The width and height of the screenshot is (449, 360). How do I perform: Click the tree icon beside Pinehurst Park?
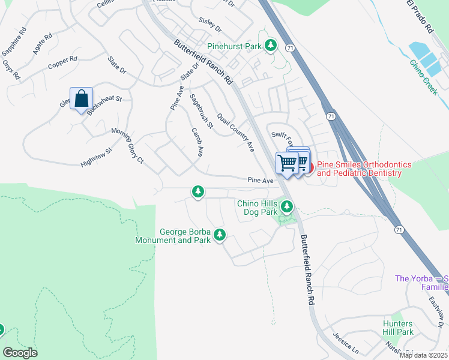[271, 46]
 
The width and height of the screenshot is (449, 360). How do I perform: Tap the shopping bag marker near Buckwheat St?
[81, 98]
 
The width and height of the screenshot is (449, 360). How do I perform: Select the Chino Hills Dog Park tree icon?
[287, 208]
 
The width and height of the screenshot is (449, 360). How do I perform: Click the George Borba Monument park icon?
[220, 235]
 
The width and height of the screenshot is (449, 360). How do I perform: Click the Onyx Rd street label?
[11, 70]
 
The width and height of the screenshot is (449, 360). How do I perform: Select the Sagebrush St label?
[201, 111]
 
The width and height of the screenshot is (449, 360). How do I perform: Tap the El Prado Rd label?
[420, 16]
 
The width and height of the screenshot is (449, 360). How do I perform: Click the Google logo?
[20, 353]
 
